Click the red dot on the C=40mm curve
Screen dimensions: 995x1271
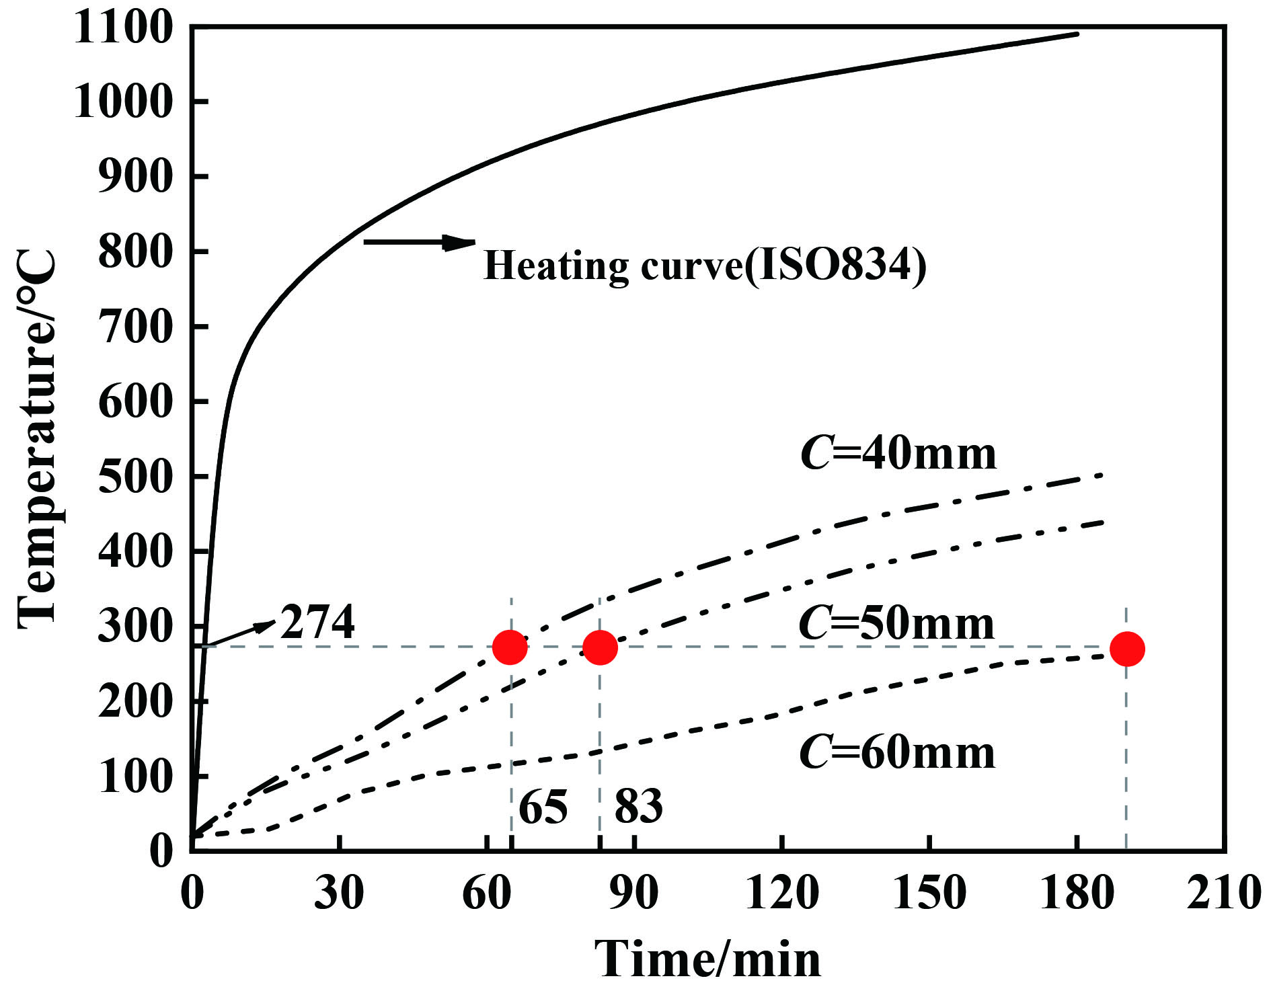[x=510, y=647]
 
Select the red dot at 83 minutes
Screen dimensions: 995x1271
[x=600, y=647]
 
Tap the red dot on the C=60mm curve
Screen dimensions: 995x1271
[x=1127, y=649]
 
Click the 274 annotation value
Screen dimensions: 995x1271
[x=317, y=622]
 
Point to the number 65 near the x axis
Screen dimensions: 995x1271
[x=543, y=807]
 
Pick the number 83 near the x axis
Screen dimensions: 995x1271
[x=638, y=807]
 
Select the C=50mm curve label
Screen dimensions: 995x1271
[x=896, y=624]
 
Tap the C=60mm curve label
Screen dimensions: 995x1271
[x=897, y=752]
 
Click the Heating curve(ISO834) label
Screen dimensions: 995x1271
[x=705, y=266]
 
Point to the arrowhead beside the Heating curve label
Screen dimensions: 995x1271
[x=459, y=242]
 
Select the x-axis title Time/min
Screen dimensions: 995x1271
[x=707, y=959]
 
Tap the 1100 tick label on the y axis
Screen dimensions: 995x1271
[x=123, y=28]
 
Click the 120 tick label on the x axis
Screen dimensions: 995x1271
[x=782, y=893]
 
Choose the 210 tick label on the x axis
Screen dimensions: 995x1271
[x=1223, y=893]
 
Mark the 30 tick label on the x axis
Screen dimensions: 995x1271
[x=340, y=893]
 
